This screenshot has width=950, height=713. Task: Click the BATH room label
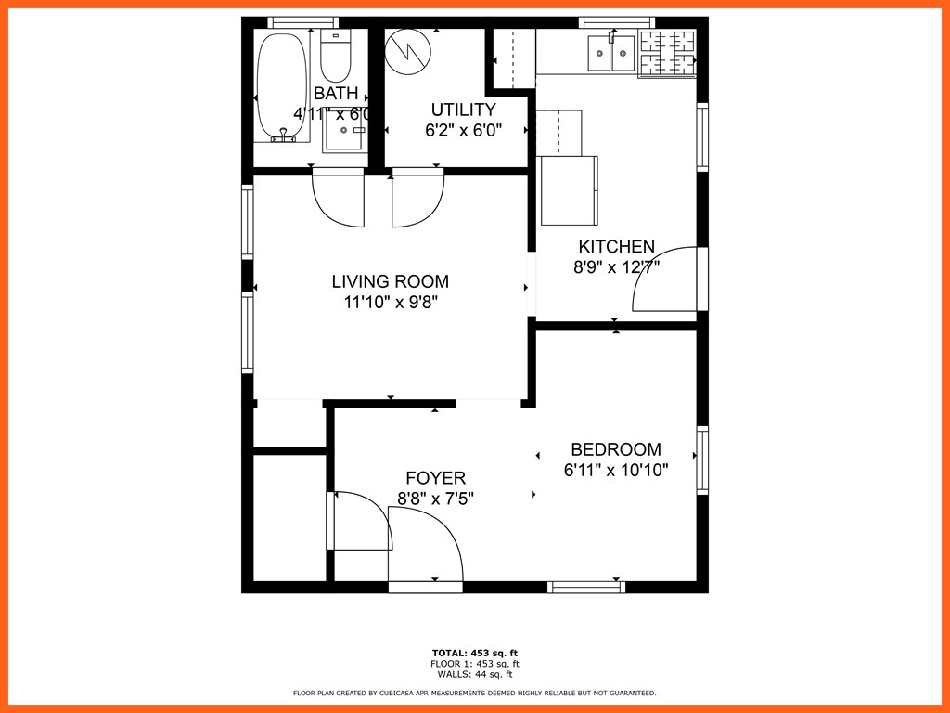coord(335,94)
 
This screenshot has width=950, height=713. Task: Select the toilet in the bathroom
coord(336,56)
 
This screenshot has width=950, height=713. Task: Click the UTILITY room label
coord(463,110)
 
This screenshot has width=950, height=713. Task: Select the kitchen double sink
coord(611,53)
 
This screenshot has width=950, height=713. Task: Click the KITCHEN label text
coord(616,247)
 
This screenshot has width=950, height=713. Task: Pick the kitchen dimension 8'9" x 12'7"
coord(616,268)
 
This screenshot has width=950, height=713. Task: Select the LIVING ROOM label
coord(390,281)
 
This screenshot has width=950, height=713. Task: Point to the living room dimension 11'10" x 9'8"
coord(390,302)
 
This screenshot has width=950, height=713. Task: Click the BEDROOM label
coord(616,449)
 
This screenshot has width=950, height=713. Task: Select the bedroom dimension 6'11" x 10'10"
coord(616,471)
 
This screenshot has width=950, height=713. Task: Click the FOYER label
coord(436,478)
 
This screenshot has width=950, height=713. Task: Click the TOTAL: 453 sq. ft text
coord(474,653)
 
